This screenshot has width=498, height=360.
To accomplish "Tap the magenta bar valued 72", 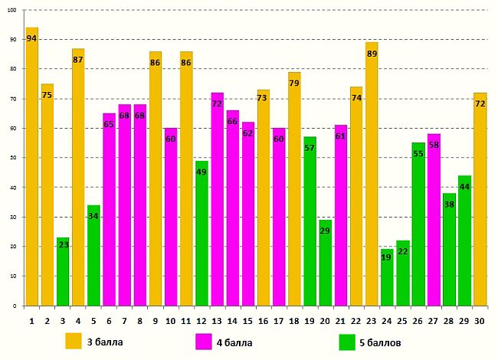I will click(217, 199).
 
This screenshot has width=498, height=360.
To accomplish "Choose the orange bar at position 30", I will click(480, 199).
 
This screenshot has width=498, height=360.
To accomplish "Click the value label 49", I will click(201, 172).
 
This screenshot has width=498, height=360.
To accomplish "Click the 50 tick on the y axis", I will click(13, 158).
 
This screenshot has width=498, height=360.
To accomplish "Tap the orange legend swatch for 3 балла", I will click(74, 341).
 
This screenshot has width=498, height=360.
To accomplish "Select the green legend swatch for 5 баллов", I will click(348, 341).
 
